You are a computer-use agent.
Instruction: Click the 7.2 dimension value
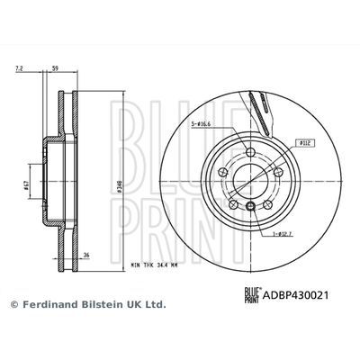pos(19,67)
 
